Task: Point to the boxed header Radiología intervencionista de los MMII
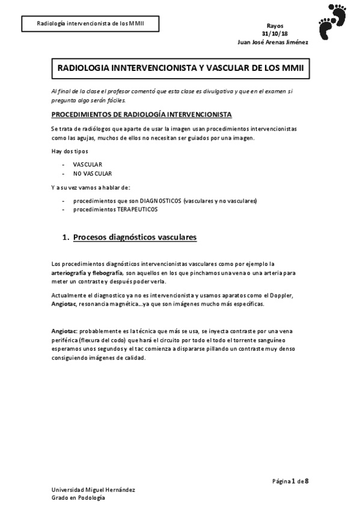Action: coord(90,24)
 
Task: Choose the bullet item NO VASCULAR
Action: coord(93,173)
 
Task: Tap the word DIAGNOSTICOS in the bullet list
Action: coord(157,200)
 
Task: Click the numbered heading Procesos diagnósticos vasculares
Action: coord(135,238)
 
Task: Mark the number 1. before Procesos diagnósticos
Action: coord(66,238)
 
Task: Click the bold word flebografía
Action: coord(106,272)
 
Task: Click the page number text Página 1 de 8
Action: coord(290,481)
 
